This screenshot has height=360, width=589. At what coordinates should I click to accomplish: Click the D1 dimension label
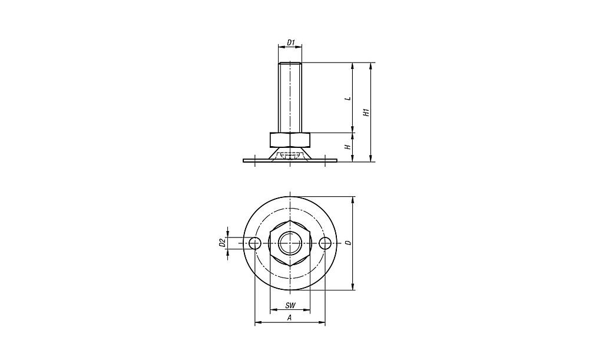coord(290,42)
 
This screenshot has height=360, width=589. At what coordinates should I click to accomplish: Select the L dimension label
coord(348,98)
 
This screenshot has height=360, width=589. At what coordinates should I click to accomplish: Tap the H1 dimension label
coord(367,113)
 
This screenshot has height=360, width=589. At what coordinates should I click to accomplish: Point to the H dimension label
coord(348,147)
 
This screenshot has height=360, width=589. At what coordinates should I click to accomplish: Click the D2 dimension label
coord(221,243)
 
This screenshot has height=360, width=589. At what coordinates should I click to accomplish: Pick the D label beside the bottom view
coord(348,243)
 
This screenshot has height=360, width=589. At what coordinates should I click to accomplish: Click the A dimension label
coord(290,318)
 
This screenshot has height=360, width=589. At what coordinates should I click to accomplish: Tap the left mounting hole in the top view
coord(255,243)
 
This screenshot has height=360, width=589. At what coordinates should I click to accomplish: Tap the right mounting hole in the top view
coord(325,243)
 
